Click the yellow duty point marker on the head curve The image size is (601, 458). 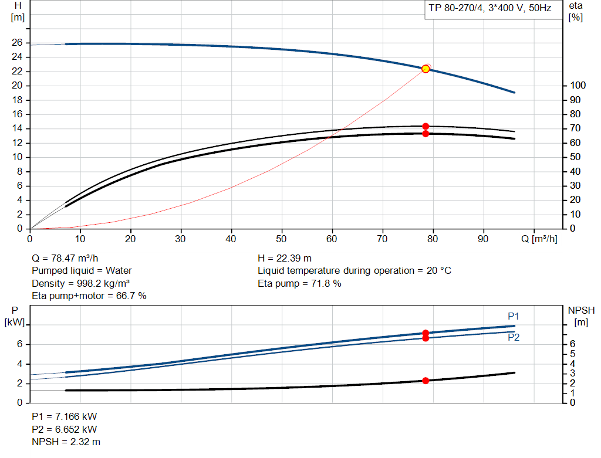426,69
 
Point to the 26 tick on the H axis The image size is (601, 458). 18,43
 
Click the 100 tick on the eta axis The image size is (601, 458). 578,86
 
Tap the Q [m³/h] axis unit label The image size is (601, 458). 543,239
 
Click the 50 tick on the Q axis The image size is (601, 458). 282,239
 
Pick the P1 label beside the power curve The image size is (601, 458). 514,317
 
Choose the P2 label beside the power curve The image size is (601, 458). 514,338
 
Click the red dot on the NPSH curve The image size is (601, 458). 426,381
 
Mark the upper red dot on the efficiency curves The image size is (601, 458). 426,126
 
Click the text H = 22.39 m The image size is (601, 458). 285,258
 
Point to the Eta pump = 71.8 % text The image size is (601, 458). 299,284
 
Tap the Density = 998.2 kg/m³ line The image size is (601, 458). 80,283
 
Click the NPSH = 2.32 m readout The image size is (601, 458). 66,442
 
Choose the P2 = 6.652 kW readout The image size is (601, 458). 64,429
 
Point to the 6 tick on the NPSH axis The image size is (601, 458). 573,344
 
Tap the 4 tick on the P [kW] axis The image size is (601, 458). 19,364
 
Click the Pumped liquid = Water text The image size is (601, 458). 82,271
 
